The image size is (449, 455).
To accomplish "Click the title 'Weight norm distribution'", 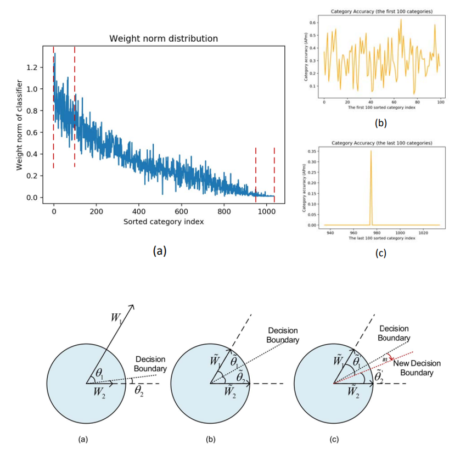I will click(164, 39).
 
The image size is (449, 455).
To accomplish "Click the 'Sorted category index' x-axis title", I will click(164, 221).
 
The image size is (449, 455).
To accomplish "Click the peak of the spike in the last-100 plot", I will click(371, 151).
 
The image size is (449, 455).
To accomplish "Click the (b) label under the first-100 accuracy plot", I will click(380, 123).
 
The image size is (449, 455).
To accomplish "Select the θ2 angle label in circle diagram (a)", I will click(140, 391).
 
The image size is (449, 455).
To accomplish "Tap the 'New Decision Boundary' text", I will click(416, 367).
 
